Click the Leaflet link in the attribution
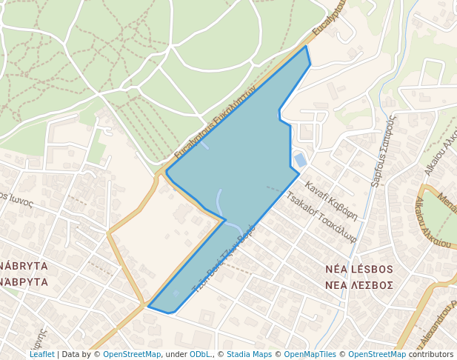coord(41,354)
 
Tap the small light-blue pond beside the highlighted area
coord(300,159)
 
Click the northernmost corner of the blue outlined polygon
coord(306,46)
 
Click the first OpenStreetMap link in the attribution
coord(132,354)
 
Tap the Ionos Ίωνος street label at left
coord(16,200)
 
